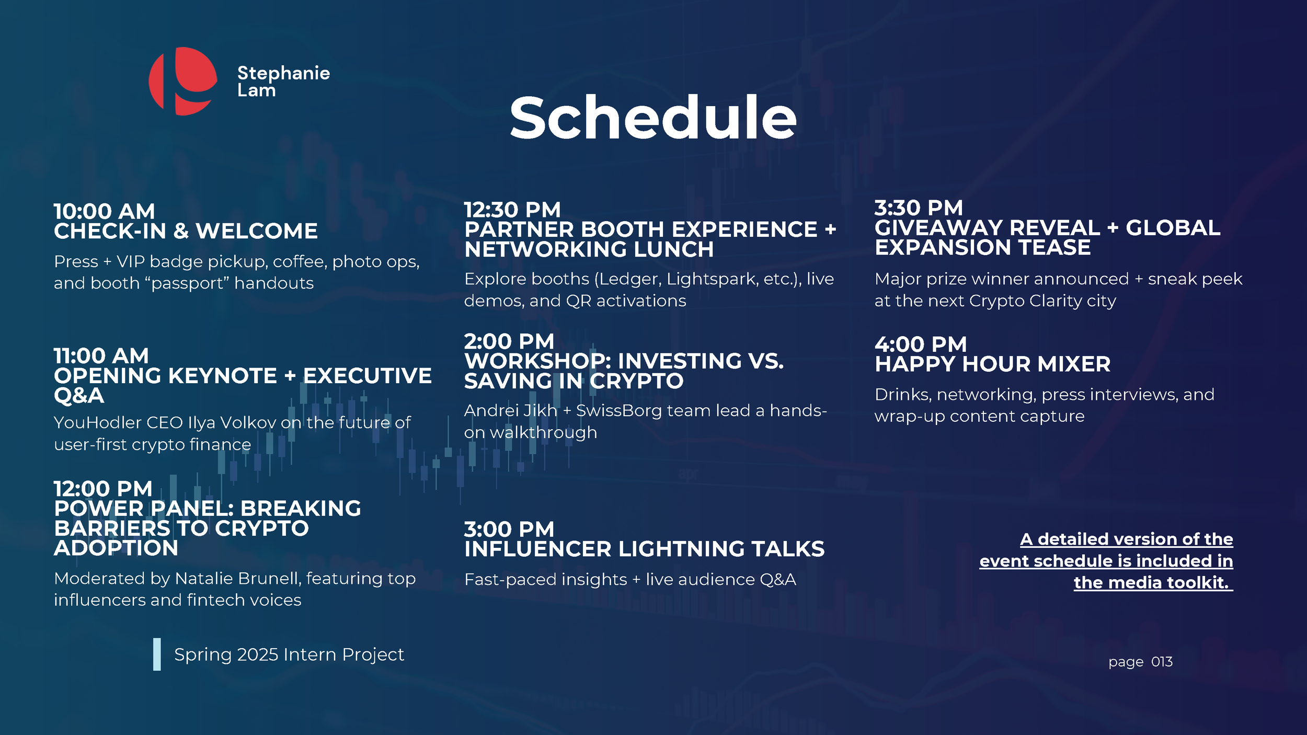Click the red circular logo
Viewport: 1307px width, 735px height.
183,81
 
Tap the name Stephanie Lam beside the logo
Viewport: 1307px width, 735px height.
283,82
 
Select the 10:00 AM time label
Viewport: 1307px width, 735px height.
105,211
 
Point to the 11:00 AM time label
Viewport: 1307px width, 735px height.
101,356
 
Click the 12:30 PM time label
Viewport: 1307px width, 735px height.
512,210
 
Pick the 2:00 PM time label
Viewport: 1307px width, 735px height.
509,341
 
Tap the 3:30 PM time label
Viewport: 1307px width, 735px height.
919,208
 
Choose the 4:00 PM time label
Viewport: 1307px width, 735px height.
921,344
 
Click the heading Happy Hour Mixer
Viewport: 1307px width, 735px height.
993,364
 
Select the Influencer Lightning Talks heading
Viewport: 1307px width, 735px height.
644,549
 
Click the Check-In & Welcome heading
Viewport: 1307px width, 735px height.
186,231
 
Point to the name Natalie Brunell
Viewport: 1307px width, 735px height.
238,578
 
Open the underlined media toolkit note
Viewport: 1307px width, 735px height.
1106,561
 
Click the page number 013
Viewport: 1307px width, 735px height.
1162,662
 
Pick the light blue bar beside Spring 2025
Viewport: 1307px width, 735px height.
157,654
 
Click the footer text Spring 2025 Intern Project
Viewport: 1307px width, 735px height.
289,654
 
